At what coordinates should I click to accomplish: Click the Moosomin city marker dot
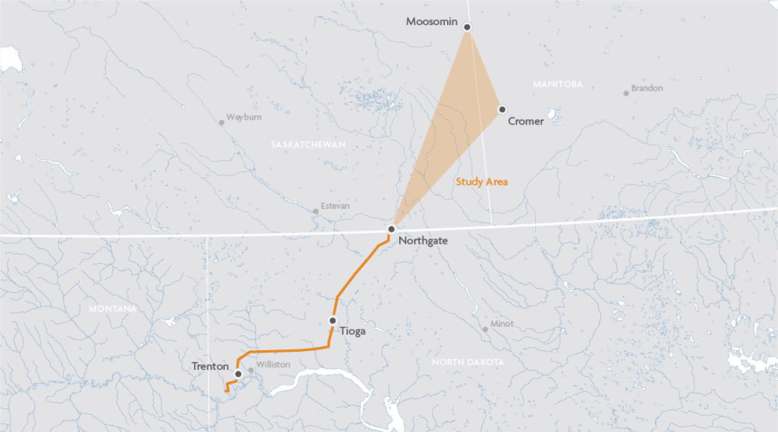pos(467,27)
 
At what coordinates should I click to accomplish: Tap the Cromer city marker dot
pos(502,109)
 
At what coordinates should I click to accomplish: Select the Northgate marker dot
pos(391,229)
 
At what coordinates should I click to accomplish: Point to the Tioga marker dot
pos(333,320)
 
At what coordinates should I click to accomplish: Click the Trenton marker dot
pos(238,374)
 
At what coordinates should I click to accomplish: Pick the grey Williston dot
pos(251,371)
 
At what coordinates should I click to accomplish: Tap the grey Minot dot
pos(485,329)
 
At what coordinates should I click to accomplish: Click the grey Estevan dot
pos(316,211)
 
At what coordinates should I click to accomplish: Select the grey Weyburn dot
pos(221,123)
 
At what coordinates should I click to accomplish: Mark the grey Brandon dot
pos(626,93)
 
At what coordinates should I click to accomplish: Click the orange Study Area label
pos(482,181)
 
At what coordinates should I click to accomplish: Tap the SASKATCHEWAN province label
pos(308,145)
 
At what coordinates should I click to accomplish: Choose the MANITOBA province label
pos(557,85)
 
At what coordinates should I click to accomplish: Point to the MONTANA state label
pos(113,309)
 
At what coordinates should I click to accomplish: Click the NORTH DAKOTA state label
pos(468,362)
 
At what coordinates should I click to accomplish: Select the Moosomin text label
pos(432,22)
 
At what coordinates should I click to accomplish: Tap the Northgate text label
pos(423,241)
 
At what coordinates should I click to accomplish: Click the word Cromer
pos(526,122)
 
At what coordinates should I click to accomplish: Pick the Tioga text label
pos(352,331)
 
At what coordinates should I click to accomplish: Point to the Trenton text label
pos(210,366)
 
